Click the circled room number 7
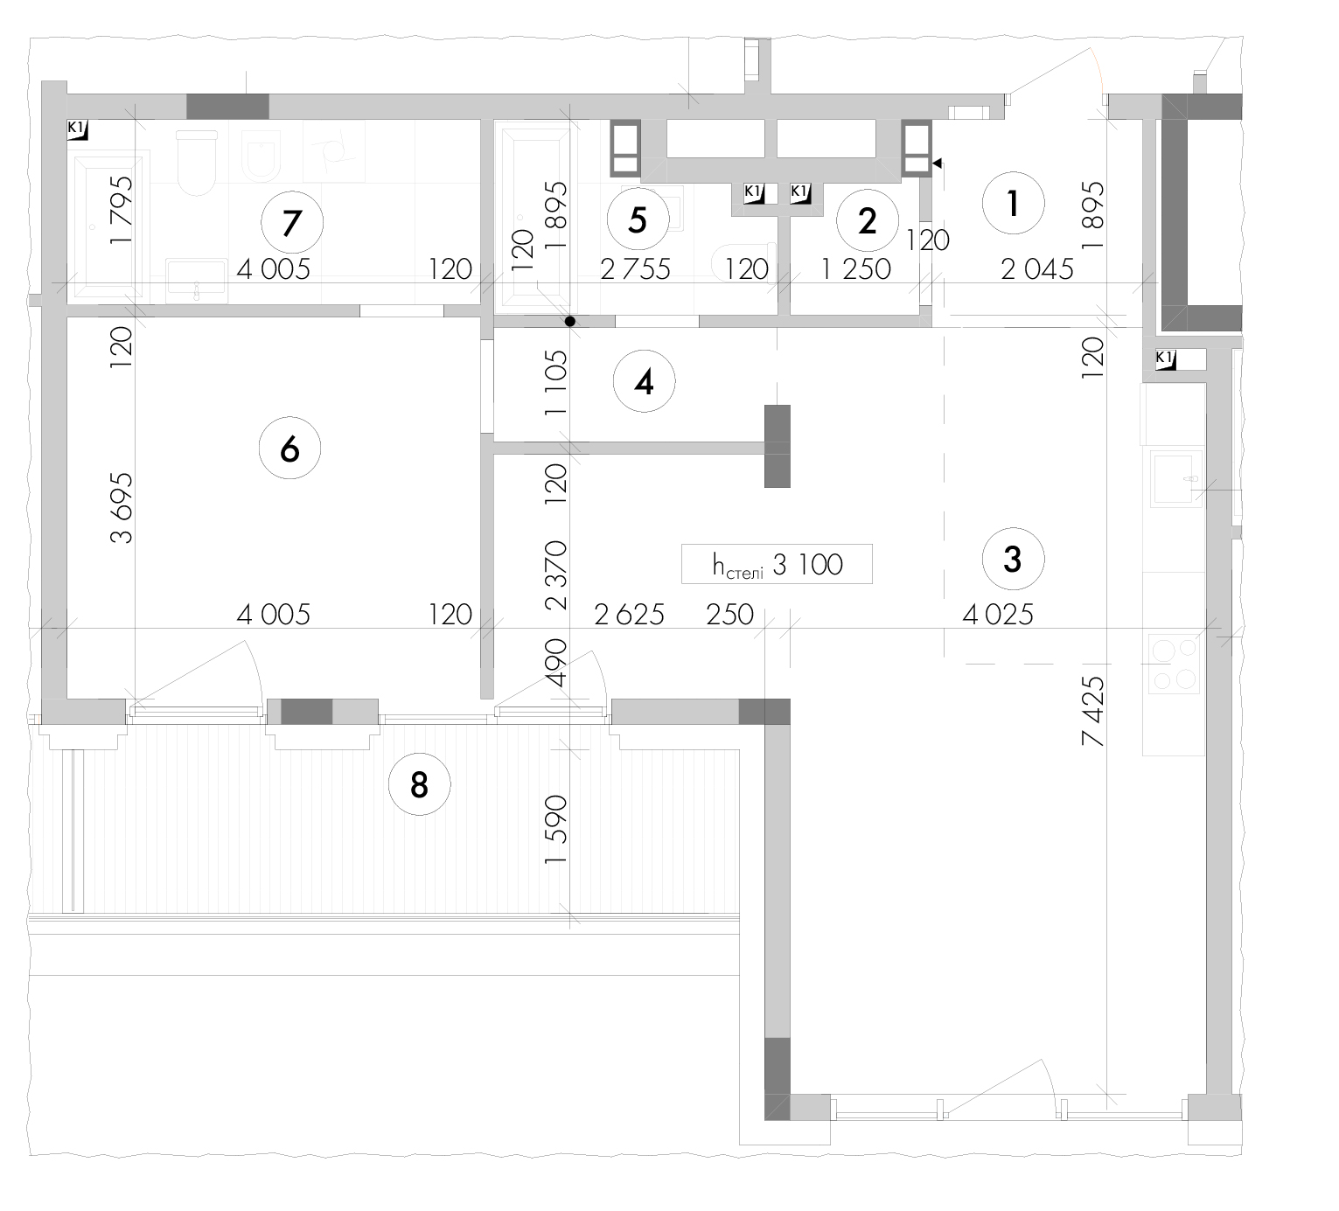(x=292, y=222)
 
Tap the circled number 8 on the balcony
(x=419, y=784)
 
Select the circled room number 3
(x=1013, y=560)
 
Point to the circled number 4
(x=644, y=382)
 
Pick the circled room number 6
(x=289, y=448)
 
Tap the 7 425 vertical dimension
(x=1092, y=710)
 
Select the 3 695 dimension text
(x=122, y=507)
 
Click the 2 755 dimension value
(x=635, y=269)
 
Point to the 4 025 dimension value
(x=998, y=614)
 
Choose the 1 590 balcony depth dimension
(x=555, y=830)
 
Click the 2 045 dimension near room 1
(x=1037, y=269)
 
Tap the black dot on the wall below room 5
(x=569, y=322)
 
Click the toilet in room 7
(x=197, y=163)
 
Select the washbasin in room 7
(x=197, y=281)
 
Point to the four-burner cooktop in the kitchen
(x=1174, y=665)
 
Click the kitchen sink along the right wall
(x=1176, y=478)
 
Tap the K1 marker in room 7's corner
(x=78, y=130)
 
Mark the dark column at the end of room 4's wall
(x=777, y=446)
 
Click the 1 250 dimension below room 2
(x=855, y=269)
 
